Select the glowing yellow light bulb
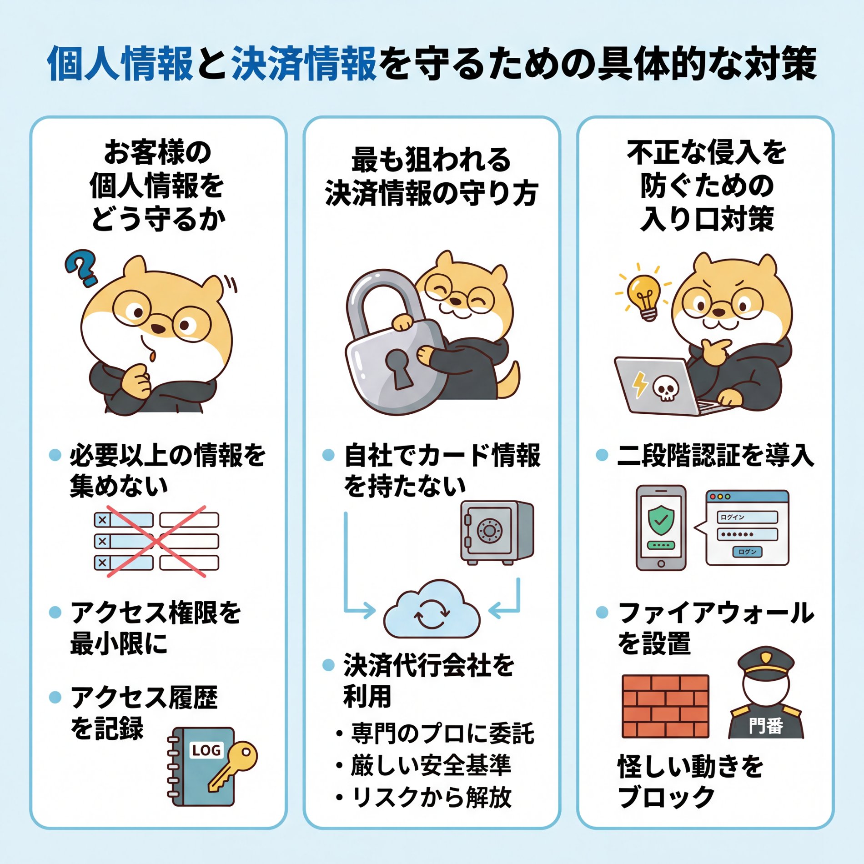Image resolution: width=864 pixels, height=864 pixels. click(644, 295)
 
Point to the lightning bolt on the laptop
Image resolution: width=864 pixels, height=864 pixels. click(640, 384)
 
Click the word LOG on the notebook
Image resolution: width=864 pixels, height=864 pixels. click(206, 750)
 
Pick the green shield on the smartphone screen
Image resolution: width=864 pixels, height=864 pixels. click(661, 520)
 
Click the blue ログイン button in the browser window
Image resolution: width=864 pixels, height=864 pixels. click(747, 552)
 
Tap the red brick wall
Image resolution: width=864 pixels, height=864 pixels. click(665, 706)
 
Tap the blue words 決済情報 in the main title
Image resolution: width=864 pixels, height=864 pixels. click(304, 64)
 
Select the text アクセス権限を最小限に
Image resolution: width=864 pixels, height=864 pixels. click(155, 628)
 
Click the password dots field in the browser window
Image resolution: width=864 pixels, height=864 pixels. click(747, 534)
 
